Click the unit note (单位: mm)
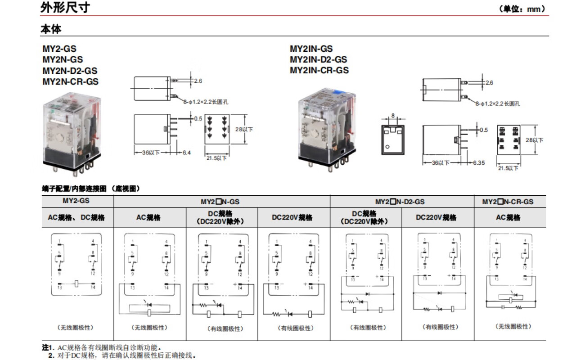point(522,9)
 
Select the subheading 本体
point(51,29)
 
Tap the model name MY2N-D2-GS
point(70,71)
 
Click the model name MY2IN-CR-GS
point(319,70)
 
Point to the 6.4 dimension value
point(186,153)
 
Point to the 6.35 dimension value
point(478,162)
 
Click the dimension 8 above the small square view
point(392,116)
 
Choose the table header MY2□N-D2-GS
point(401,202)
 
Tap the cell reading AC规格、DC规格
point(76,217)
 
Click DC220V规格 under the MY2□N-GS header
point(294,217)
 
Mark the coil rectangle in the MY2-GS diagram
point(77,283)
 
